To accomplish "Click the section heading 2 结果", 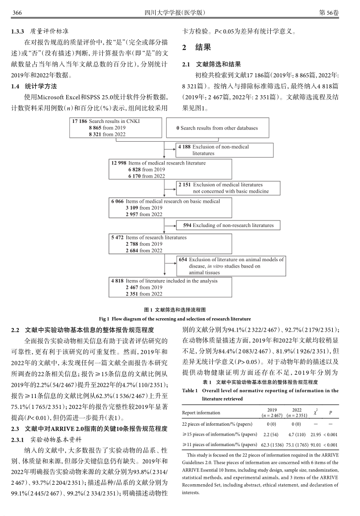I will pyautogui.click(x=197, y=48).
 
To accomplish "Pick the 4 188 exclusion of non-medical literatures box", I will pyautogui.click(x=225, y=150).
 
